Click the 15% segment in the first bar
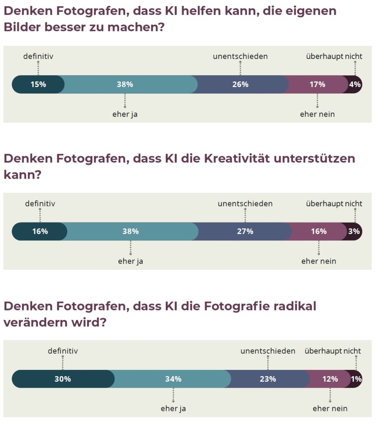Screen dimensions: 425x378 click(x=38, y=84)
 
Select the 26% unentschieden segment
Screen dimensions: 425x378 click(x=240, y=84)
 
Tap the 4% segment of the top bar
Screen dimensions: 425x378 click(x=355, y=84)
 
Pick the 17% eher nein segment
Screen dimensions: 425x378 click(x=317, y=84)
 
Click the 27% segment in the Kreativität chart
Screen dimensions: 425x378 click(x=245, y=231)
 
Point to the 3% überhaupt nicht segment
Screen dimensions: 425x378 click(x=354, y=231)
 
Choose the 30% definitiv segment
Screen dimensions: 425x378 click(x=63, y=379)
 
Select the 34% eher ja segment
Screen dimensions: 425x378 click(x=173, y=379)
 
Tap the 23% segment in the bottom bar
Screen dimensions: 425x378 click(x=268, y=379)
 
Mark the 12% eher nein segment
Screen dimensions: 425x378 click(x=330, y=379)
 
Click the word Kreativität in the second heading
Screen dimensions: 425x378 click(x=236, y=159)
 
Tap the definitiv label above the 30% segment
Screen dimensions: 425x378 click(x=63, y=351)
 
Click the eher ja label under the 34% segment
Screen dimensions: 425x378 click(x=173, y=408)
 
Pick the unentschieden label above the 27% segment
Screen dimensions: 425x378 click(x=245, y=204)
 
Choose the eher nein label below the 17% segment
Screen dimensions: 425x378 click(x=317, y=115)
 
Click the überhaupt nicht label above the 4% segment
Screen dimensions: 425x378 click(x=334, y=56)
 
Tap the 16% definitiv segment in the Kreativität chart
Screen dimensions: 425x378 click(x=40, y=231)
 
